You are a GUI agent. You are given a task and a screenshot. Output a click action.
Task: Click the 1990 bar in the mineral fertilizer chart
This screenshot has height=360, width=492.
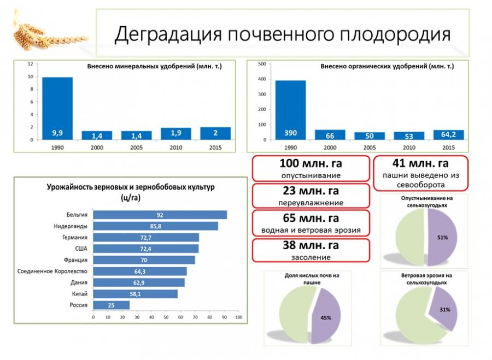coord(57,108)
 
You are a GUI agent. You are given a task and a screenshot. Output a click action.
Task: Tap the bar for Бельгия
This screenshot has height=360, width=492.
coord(160,215)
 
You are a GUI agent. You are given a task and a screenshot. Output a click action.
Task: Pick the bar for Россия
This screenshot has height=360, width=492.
coord(112,305)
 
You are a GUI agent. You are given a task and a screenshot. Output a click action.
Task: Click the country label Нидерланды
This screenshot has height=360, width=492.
coord(72,226)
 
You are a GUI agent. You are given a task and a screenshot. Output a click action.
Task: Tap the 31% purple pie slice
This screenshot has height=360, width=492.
coord(442,309)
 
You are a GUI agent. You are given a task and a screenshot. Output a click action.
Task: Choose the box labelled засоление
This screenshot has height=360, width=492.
coord(311,251)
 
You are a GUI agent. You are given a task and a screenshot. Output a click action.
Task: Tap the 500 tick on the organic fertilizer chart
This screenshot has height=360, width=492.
coord(261,64)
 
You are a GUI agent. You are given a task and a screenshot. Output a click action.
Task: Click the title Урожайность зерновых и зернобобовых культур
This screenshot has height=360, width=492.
coord(131,187)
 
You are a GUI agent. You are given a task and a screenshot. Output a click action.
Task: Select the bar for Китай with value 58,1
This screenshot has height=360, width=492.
coord(136,294)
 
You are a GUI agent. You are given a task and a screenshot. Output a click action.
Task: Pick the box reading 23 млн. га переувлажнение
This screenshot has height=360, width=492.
coord(311,196)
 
